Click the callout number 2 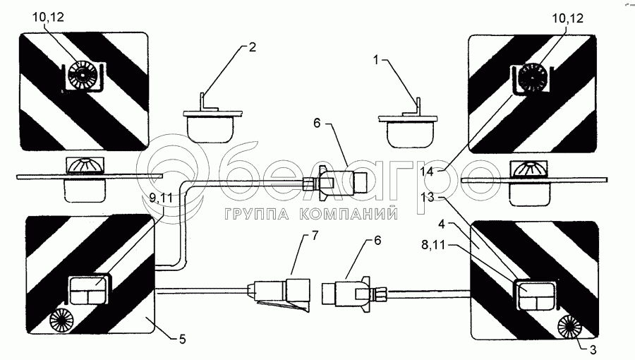[x=253, y=47]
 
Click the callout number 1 [x=376, y=60]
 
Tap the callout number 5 [x=183, y=339]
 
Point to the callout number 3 [x=593, y=349]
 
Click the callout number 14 [x=426, y=172]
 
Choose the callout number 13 [x=428, y=197]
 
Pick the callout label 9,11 [x=161, y=198]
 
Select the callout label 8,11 [x=433, y=245]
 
